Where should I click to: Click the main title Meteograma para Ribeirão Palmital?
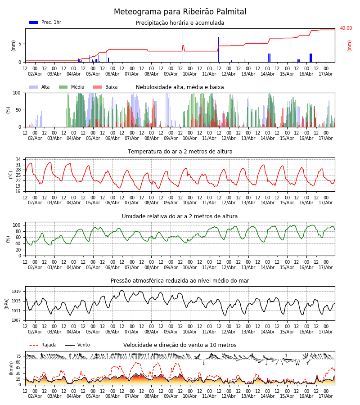pyautogui.click(x=180, y=12)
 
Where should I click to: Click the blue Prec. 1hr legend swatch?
pyautogui.click(x=34, y=22)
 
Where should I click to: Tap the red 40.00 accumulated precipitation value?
pyautogui.click(x=346, y=28)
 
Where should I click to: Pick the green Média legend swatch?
pyautogui.click(x=63, y=87)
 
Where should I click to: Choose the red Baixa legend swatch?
pyautogui.click(x=97, y=87)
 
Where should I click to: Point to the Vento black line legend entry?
pyautogui.click(x=77, y=345)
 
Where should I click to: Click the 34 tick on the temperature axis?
pyautogui.click(x=18, y=159)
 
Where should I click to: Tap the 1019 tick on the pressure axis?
pyautogui.click(x=16, y=291)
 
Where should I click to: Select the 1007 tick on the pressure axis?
pyautogui.click(x=16, y=320)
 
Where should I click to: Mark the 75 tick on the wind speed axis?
pyautogui.click(x=18, y=356)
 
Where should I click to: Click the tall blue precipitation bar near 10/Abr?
pyautogui.click(x=183, y=48)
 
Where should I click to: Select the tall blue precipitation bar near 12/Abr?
pyautogui.click(x=219, y=49)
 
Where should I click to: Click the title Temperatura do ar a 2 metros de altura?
pyautogui.click(x=180, y=152)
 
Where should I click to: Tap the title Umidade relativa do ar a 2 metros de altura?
pyautogui.click(x=180, y=216)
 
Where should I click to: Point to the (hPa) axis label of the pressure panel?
pyautogui.click(x=7, y=304)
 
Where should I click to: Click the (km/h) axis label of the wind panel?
pyautogui.click(x=11, y=368)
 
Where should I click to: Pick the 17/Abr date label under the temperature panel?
pyautogui.click(x=326, y=203)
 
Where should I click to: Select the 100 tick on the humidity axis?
pyautogui.click(x=17, y=225)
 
